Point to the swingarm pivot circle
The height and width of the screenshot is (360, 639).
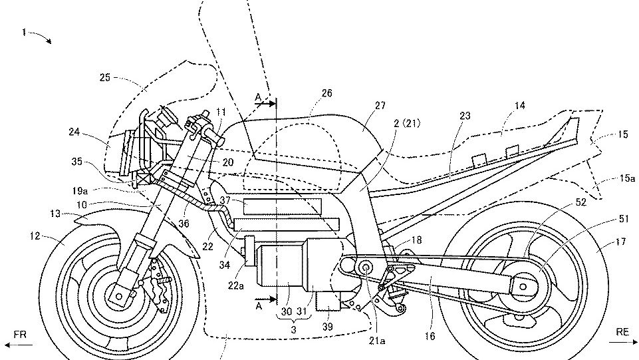click(364, 268)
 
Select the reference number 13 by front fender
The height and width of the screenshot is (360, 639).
click(56, 214)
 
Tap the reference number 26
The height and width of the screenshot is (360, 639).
click(326, 94)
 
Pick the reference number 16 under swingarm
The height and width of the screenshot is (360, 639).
click(430, 336)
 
